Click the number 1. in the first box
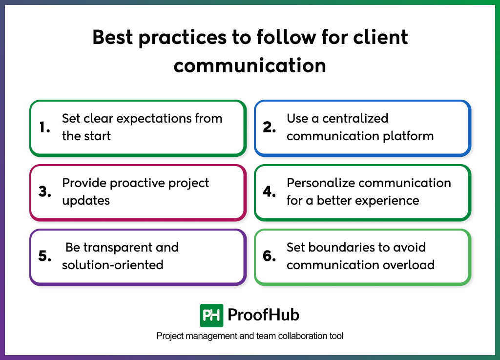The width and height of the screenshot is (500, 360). pyautogui.click(x=44, y=127)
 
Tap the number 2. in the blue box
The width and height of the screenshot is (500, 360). pyautogui.click(x=270, y=127)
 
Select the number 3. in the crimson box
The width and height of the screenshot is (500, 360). pyautogui.click(x=45, y=192)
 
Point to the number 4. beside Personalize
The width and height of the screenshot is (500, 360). pyautogui.click(x=270, y=192)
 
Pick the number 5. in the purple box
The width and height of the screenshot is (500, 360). pyautogui.click(x=45, y=256)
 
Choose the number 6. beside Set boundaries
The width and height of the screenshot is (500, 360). pyautogui.click(x=270, y=256)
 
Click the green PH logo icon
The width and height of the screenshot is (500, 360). pyautogui.click(x=211, y=315)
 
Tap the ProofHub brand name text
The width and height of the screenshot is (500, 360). pyautogui.click(x=264, y=315)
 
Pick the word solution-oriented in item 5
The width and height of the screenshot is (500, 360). pyautogui.click(x=112, y=265)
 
